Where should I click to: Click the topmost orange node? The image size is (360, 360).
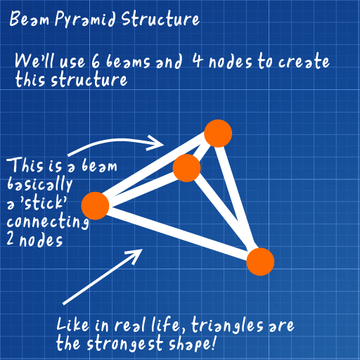pos(218,134)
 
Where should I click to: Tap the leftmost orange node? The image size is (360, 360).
pos(95,206)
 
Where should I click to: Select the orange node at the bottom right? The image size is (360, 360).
pos(260,262)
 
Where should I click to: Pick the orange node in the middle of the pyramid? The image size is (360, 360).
pos(186,168)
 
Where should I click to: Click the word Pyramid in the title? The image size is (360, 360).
pos(85,19)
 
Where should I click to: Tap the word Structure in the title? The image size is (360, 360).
pos(160,19)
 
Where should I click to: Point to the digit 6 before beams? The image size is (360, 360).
pos(96,60)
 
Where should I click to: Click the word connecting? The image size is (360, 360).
pos(48,221)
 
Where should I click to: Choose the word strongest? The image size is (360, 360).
pos(125,344)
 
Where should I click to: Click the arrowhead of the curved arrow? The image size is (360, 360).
pos(156,143)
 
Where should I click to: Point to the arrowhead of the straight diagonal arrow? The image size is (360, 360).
pos(135,256)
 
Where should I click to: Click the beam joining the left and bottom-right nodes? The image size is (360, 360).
pos(178,233)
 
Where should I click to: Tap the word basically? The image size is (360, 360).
pos(39,185)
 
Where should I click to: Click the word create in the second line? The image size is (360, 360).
pos(304,61)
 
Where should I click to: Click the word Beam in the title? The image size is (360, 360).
pos(30,19)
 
